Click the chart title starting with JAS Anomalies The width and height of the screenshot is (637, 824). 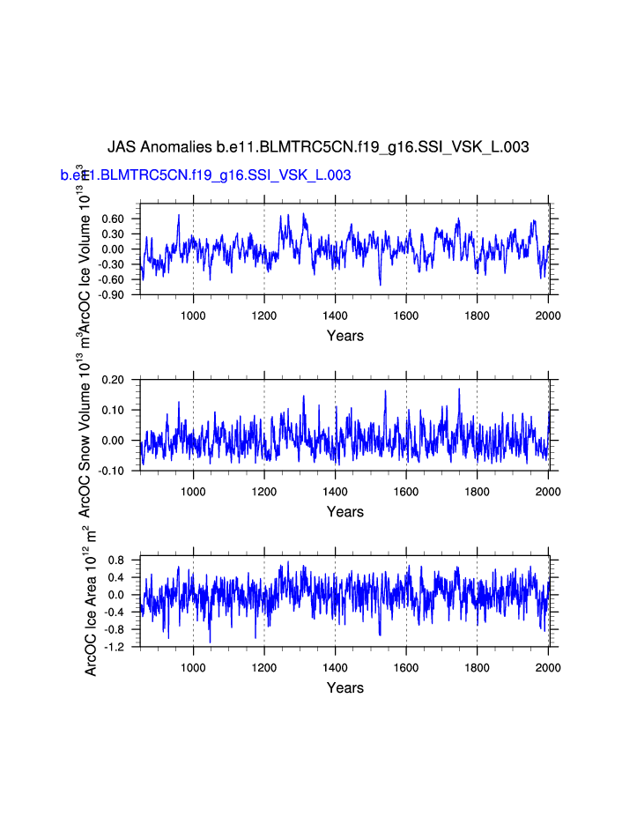[318, 147]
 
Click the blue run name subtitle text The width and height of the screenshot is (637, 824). [206, 175]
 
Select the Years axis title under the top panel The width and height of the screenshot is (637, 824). [344, 336]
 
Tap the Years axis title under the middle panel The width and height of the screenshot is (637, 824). [344, 512]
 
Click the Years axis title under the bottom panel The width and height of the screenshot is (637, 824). [344, 688]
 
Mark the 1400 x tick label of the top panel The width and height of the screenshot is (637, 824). [335, 315]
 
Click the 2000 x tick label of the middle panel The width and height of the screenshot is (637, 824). [548, 491]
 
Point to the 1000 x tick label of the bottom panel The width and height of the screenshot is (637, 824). [193, 667]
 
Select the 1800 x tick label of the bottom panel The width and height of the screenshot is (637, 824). [477, 667]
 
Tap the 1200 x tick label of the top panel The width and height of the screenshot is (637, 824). [264, 315]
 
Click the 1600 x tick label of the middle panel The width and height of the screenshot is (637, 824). [406, 491]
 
